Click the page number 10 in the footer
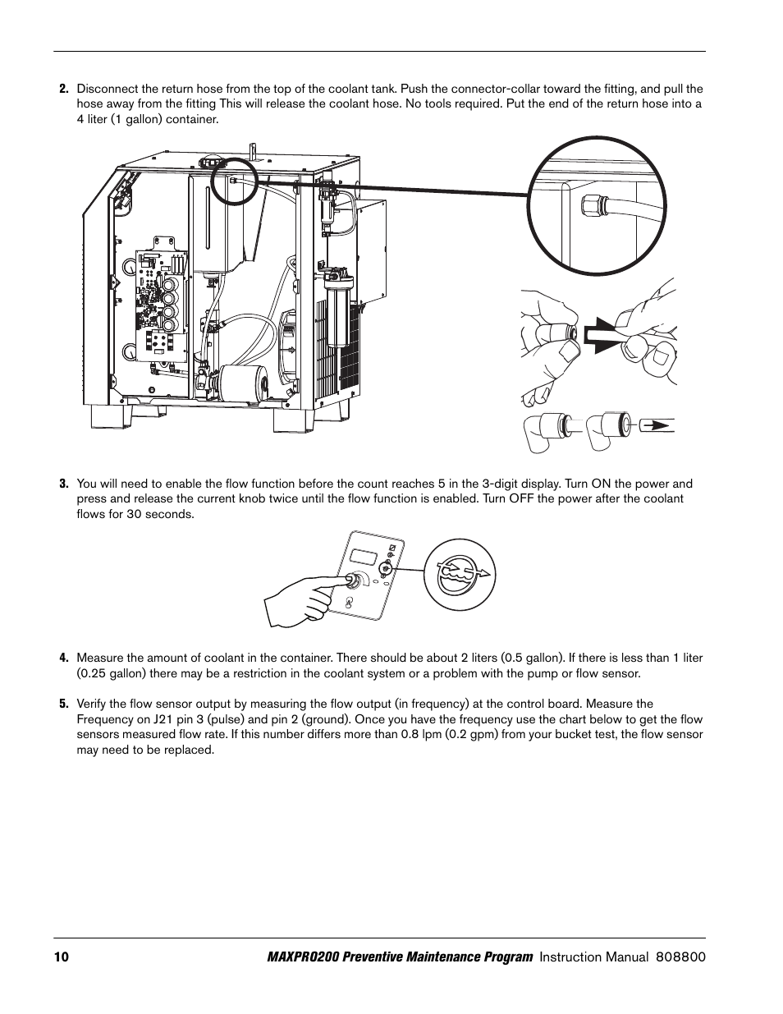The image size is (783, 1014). (x=62, y=957)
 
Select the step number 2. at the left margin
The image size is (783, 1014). (x=63, y=89)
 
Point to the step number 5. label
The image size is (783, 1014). (x=63, y=704)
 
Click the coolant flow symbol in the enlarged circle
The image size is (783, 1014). (x=465, y=574)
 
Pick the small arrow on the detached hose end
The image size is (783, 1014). (x=654, y=426)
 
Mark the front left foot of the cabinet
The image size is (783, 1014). (x=110, y=417)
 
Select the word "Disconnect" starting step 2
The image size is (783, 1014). (x=106, y=89)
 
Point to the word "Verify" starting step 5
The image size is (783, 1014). (x=91, y=704)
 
